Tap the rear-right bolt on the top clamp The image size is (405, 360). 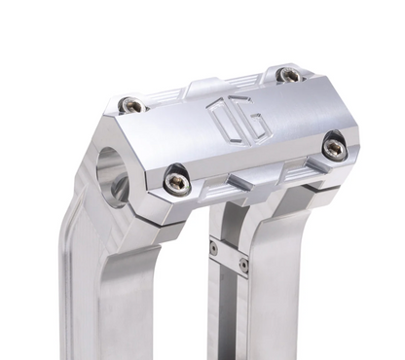tap(288, 75)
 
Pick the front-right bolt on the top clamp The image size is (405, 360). tap(334, 148)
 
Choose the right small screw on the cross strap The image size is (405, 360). tap(243, 264)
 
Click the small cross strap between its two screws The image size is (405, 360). tap(228, 256)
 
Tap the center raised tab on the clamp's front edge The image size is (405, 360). tap(255, 179)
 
